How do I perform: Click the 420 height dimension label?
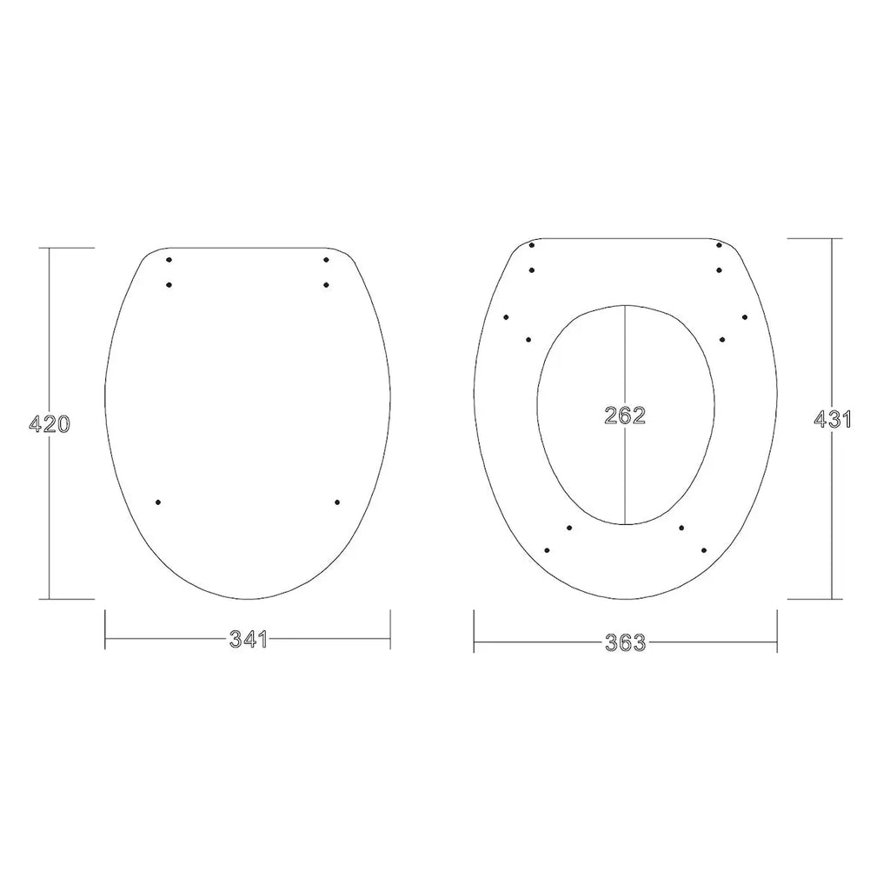(50, 424)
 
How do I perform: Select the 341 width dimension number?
(248, 640)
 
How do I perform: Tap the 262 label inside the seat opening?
(626, 416)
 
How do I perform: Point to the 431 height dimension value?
(833, 418)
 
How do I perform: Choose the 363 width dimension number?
(626, 643)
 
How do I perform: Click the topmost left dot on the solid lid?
(169, 259)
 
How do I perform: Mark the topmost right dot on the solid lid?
(327, 259)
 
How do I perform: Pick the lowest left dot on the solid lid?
(158, 502)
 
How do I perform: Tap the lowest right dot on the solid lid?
(336, 502)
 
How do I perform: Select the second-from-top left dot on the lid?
(169, 284)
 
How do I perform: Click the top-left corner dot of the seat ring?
(531, 245)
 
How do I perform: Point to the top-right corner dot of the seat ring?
(720, 245)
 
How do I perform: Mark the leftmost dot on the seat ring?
(507, 316)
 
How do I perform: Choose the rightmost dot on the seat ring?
(745, 316)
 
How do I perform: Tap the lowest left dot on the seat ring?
(547, 549)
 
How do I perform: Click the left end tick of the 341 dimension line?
(105, 629)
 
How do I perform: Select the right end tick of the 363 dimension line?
(777, 631)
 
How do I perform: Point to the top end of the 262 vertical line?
(626, 305)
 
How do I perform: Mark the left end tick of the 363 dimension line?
(474, 631)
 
